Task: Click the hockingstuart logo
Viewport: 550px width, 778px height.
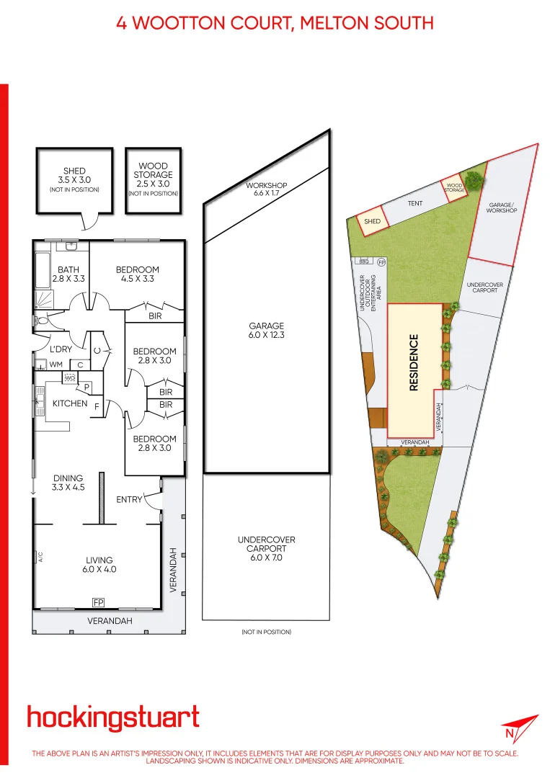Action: coord(113,718)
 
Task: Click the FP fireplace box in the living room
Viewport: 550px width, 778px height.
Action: coord(98,602)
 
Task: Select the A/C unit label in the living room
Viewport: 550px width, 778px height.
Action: coord(41,556)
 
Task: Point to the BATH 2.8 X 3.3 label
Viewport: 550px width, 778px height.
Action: coord(69,274)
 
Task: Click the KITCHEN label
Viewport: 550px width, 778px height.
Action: coord(70,403)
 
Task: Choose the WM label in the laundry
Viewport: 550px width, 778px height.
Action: coord(56,365)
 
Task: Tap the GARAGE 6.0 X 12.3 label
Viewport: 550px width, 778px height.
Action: coord(267,331)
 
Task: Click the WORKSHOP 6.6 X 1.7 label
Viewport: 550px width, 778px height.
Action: coord(267,189)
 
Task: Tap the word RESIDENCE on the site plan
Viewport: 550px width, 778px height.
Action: coord(414,362)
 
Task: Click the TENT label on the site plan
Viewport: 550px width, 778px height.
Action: coord(415,204)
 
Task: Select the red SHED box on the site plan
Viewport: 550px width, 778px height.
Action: coord(372,221)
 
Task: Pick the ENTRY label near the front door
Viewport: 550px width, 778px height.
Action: coord(130,499)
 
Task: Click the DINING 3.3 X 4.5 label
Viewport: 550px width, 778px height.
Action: coord(68,482)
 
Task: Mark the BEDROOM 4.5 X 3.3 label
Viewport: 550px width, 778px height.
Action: coord(138,274)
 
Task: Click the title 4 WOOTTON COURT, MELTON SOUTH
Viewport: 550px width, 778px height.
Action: coord(275,23)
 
